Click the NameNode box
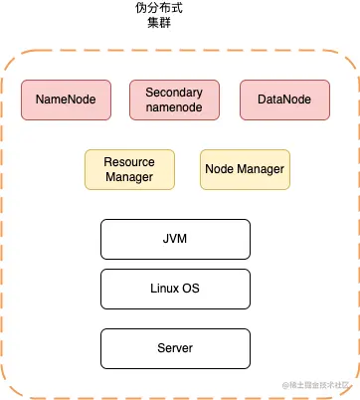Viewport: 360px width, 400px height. tap(66, 100)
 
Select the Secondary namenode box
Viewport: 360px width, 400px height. tap(174, 100)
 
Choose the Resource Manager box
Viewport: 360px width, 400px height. tap(130, 169)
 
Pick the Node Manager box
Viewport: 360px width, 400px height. tap(245, 169)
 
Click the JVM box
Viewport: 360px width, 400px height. tap(174, 240)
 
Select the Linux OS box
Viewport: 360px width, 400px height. tap(174, 288)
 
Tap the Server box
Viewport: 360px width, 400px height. tap(174, 348)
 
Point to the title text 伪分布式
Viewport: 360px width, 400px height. tap(159, 8)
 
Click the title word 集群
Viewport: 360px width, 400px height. tap(159, 24)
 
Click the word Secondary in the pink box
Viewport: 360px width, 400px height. tap(174, 93)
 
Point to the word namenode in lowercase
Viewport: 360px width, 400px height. tap(174, 107)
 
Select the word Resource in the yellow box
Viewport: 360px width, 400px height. tap(130, 161)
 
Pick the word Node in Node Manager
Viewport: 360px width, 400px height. tap(220, 169)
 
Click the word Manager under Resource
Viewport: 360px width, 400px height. tap(130, 177)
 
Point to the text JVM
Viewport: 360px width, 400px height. tap(174, 240)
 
